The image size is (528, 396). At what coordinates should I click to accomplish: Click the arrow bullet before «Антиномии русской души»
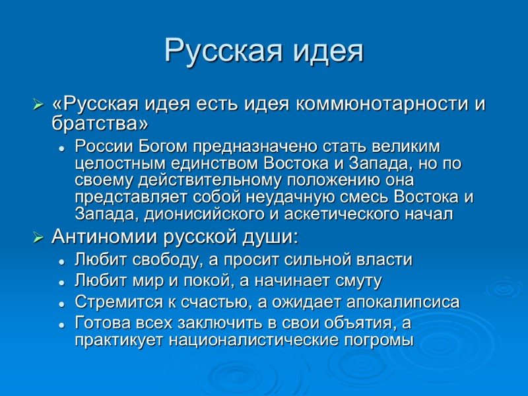[38, 236]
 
